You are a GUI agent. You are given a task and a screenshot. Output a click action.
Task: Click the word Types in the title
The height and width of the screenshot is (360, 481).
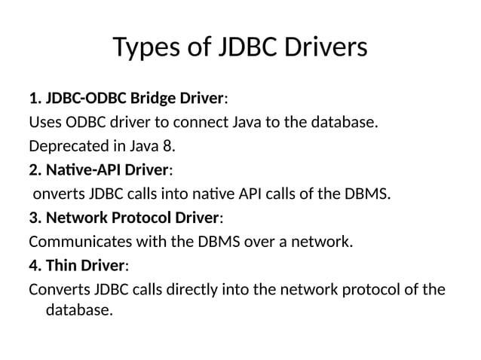pos(146,47)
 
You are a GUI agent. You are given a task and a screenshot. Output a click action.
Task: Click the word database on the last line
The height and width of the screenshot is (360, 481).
pos(78,309)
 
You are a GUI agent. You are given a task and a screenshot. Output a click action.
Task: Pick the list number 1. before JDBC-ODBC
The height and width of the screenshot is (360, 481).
pos(35,98)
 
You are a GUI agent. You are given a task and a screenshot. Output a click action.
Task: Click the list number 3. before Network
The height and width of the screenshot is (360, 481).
pos(35,218)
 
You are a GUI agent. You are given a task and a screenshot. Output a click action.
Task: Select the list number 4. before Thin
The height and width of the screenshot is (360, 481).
pos(35,266)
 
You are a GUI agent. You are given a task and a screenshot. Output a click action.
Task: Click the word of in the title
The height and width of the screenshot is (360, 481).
pos(198,47)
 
